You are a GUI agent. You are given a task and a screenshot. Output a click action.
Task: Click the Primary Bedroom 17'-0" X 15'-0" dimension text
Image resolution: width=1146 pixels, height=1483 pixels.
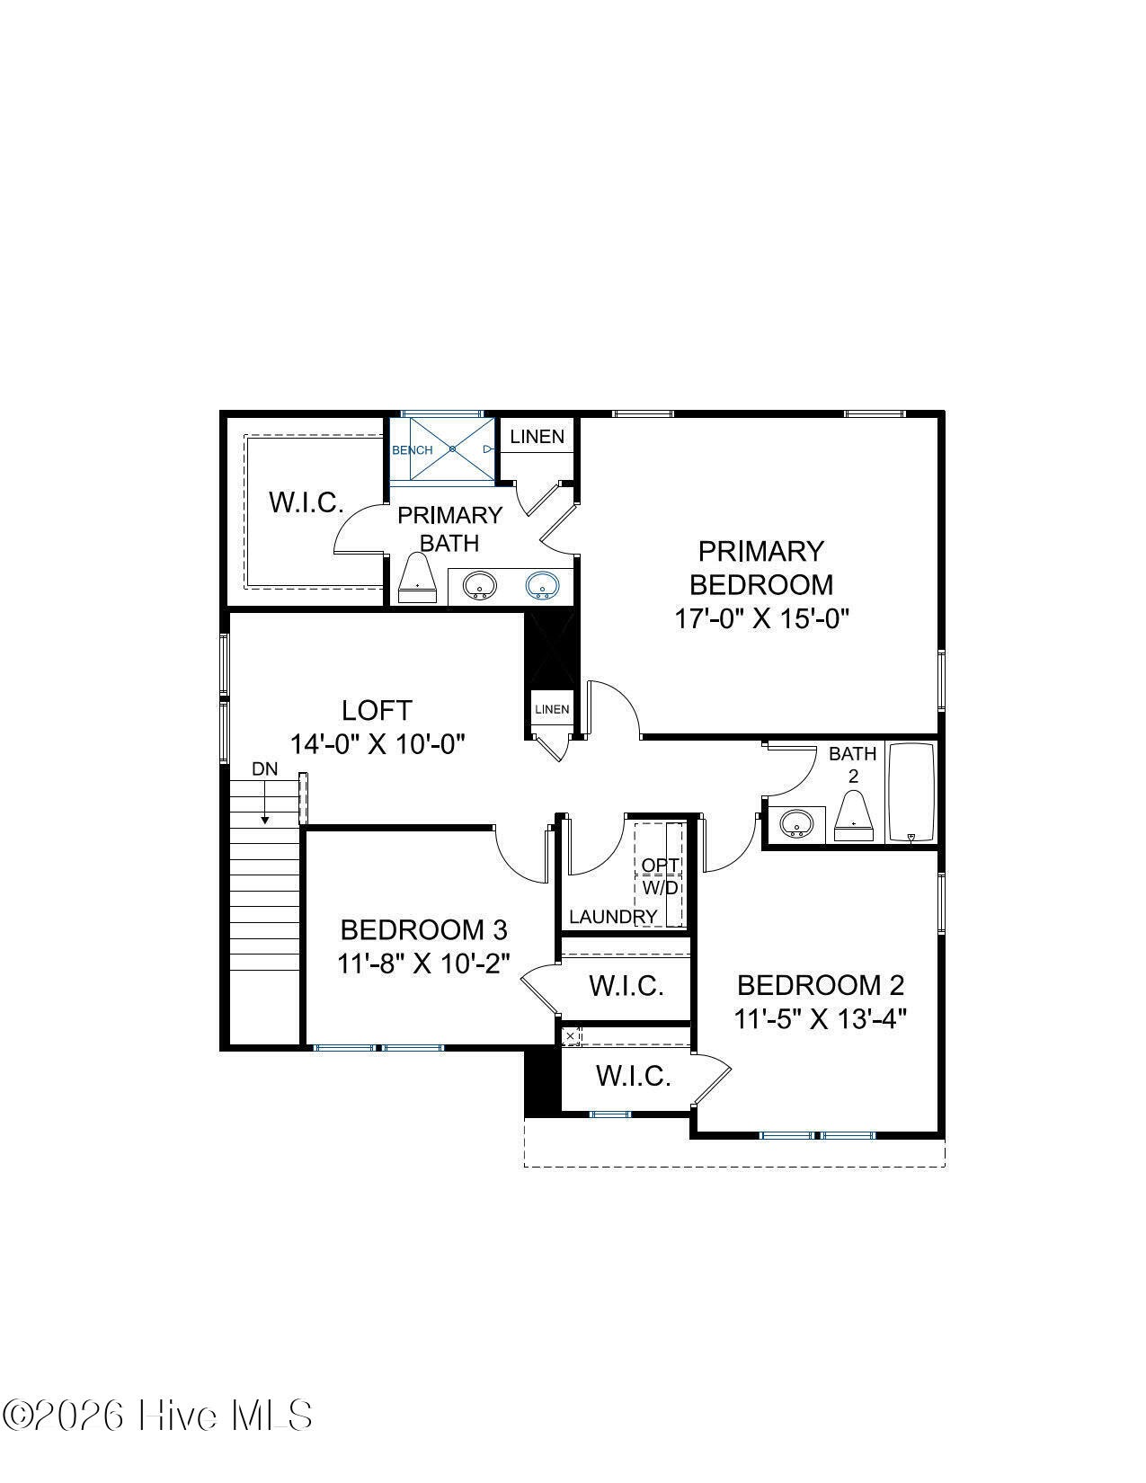pyautogui.click(x=761, y=618)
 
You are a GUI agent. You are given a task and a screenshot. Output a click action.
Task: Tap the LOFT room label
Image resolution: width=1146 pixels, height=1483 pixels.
pyautogui.click(x=377, y=710)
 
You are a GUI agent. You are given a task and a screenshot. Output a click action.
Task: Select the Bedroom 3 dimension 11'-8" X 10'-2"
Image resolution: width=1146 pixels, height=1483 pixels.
pyautogui.click(x=424, y=964)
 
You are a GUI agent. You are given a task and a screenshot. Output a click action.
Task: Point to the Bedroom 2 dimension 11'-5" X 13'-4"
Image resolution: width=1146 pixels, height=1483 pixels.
pyautogui.click(x=820, y=1019)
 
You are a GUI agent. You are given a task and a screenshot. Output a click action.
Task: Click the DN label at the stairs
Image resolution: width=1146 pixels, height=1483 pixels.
pyautogui.click(x=265, y=769)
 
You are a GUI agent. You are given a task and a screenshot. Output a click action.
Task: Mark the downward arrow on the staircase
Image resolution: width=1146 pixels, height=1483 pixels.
pyautogui.click(x=265, y=802)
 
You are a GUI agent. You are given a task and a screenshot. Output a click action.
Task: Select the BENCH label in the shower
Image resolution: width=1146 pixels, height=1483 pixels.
pyautogui.click(x=413, y=450)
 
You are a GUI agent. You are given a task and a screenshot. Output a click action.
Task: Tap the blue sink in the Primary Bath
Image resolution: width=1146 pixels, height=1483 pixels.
pyautogui.click(x=543, y=585)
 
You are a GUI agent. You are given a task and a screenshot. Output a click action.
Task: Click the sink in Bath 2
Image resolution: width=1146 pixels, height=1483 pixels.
pyautogui.click(x=795, y=823)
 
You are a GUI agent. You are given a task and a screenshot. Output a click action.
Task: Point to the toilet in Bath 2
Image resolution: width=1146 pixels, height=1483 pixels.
pyautogui.click(x=854, y=816)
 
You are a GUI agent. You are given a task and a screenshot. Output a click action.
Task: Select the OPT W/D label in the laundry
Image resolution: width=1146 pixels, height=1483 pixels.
pyautogui.click(x=660, y=877)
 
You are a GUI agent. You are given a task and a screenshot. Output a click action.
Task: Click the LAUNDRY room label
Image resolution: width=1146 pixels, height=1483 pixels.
pyautogui.click(x=613, y=917)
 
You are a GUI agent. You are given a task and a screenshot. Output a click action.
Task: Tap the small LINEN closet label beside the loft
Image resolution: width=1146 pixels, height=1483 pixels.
pyautogui.click(x=552, y=709)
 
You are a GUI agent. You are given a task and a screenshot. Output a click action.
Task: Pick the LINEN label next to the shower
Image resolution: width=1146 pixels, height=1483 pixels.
pyautogui.click(x=537, y=437)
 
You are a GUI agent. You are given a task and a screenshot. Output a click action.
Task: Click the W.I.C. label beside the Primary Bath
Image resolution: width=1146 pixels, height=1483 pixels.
pyautogui.click(x=306, y=502)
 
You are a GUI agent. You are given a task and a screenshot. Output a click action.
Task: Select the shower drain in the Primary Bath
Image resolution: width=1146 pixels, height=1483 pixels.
pyautogui.click(x=452, y=449)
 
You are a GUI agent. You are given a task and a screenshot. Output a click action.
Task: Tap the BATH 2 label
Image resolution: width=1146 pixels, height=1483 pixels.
pyautogui.click(x=852, y=764)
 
